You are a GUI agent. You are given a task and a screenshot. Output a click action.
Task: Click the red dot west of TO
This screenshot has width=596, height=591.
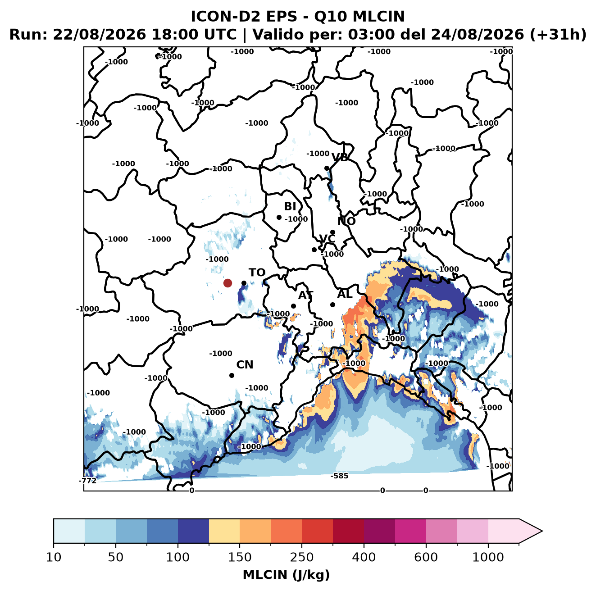227,283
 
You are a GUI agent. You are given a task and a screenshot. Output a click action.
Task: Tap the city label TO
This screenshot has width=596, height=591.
257,273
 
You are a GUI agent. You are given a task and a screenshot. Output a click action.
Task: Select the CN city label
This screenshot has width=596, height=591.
245,365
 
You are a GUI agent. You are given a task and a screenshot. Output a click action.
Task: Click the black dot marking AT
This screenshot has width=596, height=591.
293,306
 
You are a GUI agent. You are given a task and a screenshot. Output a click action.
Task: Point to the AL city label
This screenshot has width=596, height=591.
345,294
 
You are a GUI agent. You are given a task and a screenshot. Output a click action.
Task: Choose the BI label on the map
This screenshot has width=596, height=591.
290,206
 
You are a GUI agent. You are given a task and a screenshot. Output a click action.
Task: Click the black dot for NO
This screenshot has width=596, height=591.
332,232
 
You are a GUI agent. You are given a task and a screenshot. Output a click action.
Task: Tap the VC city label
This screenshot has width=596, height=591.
327,239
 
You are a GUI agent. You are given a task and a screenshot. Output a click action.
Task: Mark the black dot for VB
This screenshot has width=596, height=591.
327,168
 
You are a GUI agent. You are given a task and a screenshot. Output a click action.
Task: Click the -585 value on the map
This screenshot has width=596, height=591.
339,476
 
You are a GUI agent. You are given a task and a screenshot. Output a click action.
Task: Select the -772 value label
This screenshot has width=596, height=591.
87,481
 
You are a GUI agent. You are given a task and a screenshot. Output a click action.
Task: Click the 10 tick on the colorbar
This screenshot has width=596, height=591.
54,557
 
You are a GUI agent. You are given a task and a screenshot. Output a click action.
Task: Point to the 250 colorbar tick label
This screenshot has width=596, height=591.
301,557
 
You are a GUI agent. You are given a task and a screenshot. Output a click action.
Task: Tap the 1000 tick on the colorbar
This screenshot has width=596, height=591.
488,557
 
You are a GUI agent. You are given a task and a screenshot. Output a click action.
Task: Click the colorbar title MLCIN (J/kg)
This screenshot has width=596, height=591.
286,575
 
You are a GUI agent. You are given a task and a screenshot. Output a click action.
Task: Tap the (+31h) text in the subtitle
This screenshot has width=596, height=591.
558,35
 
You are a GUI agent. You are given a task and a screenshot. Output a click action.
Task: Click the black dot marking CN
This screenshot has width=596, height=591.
232,375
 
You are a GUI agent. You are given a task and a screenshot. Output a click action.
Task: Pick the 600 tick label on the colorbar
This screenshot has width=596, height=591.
426,557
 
